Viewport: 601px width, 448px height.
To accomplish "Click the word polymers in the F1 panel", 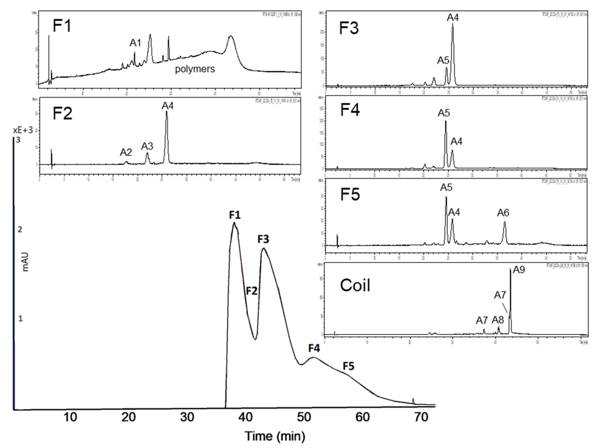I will pos(195,69).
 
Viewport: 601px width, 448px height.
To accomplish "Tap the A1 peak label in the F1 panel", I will pos(135,43).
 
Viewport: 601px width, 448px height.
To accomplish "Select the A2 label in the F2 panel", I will pos(126,152).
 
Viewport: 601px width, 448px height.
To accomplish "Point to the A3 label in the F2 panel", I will pos(147,146).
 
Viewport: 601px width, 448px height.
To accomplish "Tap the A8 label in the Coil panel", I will pos(498,320).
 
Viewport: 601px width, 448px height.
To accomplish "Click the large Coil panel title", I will pos(355,286).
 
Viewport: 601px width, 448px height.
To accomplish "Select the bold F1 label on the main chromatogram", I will pos(235,215).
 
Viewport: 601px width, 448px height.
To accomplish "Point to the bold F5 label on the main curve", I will pos(349,367).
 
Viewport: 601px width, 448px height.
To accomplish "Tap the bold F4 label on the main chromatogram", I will pos(314,348).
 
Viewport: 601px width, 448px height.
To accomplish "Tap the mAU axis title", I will pos(25,262).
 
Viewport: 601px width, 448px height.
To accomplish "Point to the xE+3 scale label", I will pos(23,130).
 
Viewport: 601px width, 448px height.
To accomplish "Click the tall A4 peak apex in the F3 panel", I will pos(453,24).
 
